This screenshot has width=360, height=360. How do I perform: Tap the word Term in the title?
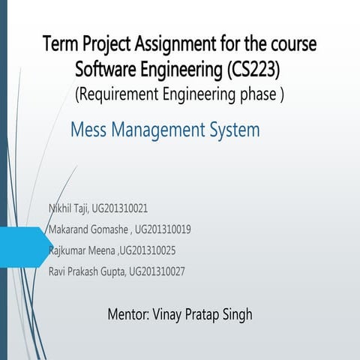[59, 44]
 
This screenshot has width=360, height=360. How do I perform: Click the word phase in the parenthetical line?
[259, 94]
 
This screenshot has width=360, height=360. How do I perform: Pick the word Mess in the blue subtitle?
[87, 130]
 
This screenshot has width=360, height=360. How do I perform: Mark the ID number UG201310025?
[148, 249]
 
